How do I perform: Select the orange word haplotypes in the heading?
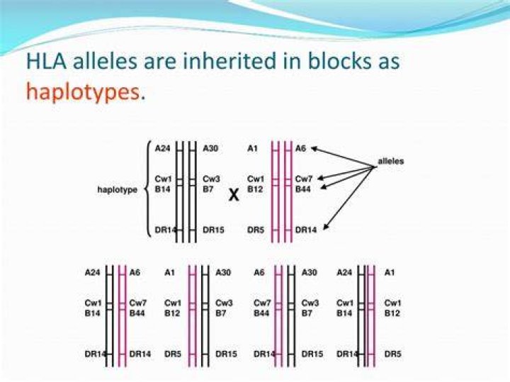(83, 92)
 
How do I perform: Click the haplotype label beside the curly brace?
(117, 190)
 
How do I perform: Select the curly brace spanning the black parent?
(149, 189)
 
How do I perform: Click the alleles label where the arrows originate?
(390, 161)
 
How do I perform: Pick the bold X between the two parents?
(234, 195)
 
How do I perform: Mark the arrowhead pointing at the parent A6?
(314, 149)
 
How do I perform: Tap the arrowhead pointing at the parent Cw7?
(320, 178)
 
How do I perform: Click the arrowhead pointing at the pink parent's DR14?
(326, 227)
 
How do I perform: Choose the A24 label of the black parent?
(162, 149)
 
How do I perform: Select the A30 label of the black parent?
(210, 149)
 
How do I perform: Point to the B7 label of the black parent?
(208, 189)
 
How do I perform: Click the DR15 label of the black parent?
(213, 230)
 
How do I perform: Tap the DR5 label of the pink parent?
(255, 230)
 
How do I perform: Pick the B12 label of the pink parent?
(255, 189)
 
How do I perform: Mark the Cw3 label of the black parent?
(211, 179)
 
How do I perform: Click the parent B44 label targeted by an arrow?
(303, 189)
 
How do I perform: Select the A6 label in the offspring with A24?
(135, 273)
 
